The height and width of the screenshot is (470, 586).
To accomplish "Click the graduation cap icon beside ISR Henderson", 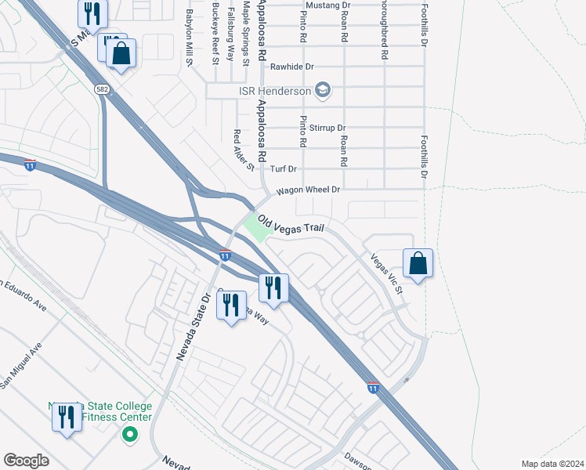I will click(322, 91).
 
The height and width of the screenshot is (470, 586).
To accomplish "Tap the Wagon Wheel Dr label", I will click(306, 190).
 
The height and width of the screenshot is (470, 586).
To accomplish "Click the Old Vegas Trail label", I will click(291, 224).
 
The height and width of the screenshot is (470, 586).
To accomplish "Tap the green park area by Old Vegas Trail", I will click(255, 227).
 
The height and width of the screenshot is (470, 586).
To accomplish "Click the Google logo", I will click(26, 461).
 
